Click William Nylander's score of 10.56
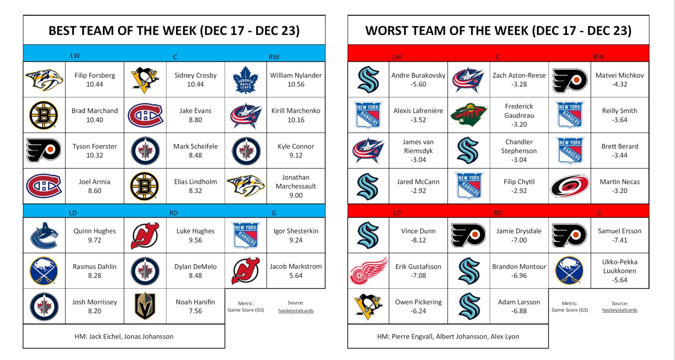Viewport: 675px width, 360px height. tap(296, 84)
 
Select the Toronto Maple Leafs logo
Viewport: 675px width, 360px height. tap(245, 80)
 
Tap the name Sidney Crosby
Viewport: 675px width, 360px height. tap(195, 75)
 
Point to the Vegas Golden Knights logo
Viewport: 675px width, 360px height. tap(145, 306)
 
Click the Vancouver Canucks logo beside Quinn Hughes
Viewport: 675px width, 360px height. tap(44, 236)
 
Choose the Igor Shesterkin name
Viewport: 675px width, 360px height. tap(296, 231)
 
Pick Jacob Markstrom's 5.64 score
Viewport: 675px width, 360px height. tap(296, 276)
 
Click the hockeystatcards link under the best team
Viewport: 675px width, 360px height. tap(296, 311)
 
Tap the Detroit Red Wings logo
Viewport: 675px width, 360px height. tap(368, 271)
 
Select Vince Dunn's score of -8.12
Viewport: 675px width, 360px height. tap(418, 240)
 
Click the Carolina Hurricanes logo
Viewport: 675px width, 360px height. tap(570, 186)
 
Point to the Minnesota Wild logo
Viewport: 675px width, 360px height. tap(469, 115)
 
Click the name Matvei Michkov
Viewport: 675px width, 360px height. tap(619, 75)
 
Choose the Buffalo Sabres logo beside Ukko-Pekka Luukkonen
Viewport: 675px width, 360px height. tap(570, 271)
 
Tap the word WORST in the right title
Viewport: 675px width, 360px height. tap(387, 31)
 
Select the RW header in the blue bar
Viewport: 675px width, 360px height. tap(274, 57)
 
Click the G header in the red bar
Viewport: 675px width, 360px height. tap(598, 213)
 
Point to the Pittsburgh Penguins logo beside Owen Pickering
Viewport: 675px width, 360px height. tap(368, 306)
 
